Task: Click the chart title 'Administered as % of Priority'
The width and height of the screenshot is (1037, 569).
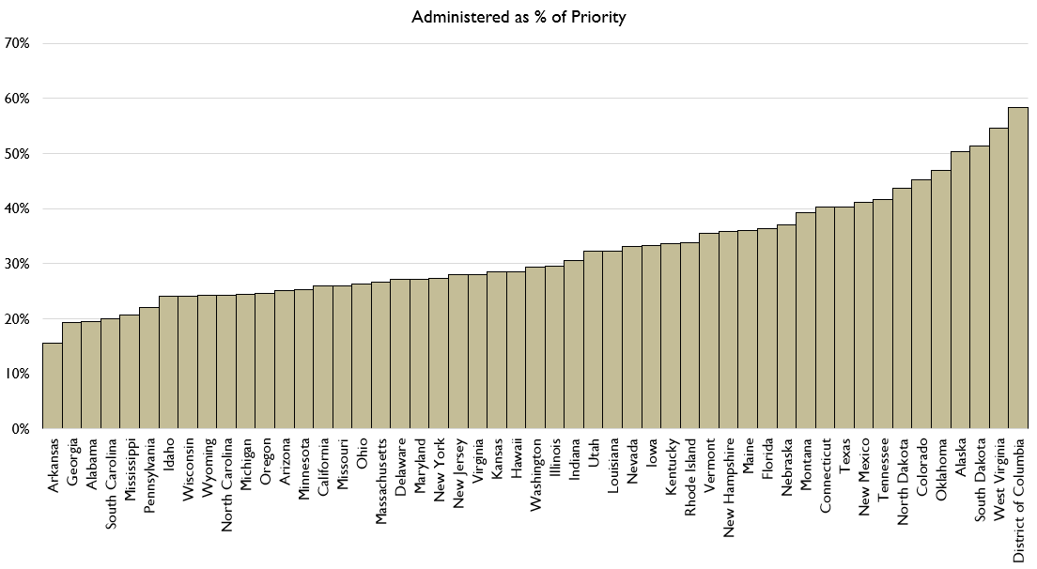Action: [518, 17]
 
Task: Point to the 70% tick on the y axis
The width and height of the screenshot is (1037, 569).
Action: [18, 43]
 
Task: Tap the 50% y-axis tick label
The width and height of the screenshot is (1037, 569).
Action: [18, 154]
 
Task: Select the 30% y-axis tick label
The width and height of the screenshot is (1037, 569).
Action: [18, 264]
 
